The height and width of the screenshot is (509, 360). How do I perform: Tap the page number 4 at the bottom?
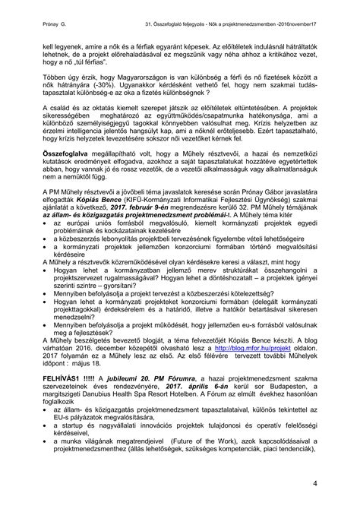click(x=335, y=484)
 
